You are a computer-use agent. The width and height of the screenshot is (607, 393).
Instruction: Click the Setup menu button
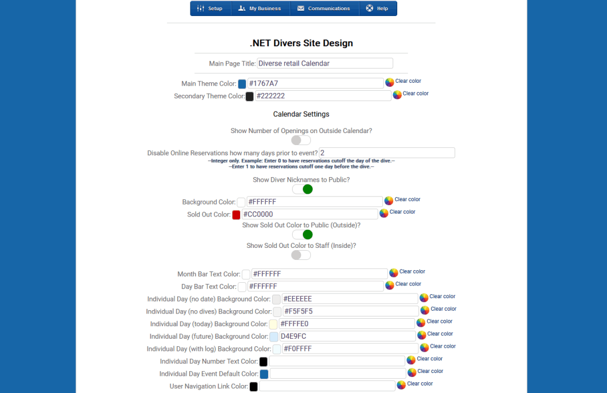(210, 9)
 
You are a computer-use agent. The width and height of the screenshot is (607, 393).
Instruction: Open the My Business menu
(260, 9)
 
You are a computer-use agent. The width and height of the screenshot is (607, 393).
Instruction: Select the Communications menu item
(324, 9)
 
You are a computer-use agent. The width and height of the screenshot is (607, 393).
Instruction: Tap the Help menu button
(377, 9)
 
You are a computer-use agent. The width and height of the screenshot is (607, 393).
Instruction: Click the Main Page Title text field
(325, 63)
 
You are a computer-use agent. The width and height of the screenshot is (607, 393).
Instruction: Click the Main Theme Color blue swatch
(242, 84)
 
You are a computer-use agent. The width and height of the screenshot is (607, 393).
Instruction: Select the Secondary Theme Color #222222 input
(323, 96)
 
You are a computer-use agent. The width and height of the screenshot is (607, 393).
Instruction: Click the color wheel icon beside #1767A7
(390, 82)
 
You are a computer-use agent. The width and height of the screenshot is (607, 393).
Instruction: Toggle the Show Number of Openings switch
(301, 141)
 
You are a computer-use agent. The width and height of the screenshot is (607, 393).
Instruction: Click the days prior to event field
(387, 153)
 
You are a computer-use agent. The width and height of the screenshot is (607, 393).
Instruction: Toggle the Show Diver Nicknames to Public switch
(301, 189)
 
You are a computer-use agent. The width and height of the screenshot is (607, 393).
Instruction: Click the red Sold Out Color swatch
(236, 215)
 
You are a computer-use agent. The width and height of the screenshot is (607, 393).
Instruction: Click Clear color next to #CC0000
(402, 212)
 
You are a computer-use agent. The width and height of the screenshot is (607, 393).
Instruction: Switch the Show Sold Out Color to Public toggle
(301, 235)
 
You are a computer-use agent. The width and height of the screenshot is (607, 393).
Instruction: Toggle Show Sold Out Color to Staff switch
(301, 255)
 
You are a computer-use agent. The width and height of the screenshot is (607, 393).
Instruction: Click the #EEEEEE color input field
(350, 299)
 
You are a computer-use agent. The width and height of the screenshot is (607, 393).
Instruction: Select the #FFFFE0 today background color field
(346, 324)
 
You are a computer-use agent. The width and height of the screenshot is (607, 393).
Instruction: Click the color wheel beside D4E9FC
(422, 335)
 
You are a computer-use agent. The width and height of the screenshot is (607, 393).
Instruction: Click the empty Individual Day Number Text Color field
(337, 361)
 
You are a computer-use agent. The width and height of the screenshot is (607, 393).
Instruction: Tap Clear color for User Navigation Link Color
(420, 384)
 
